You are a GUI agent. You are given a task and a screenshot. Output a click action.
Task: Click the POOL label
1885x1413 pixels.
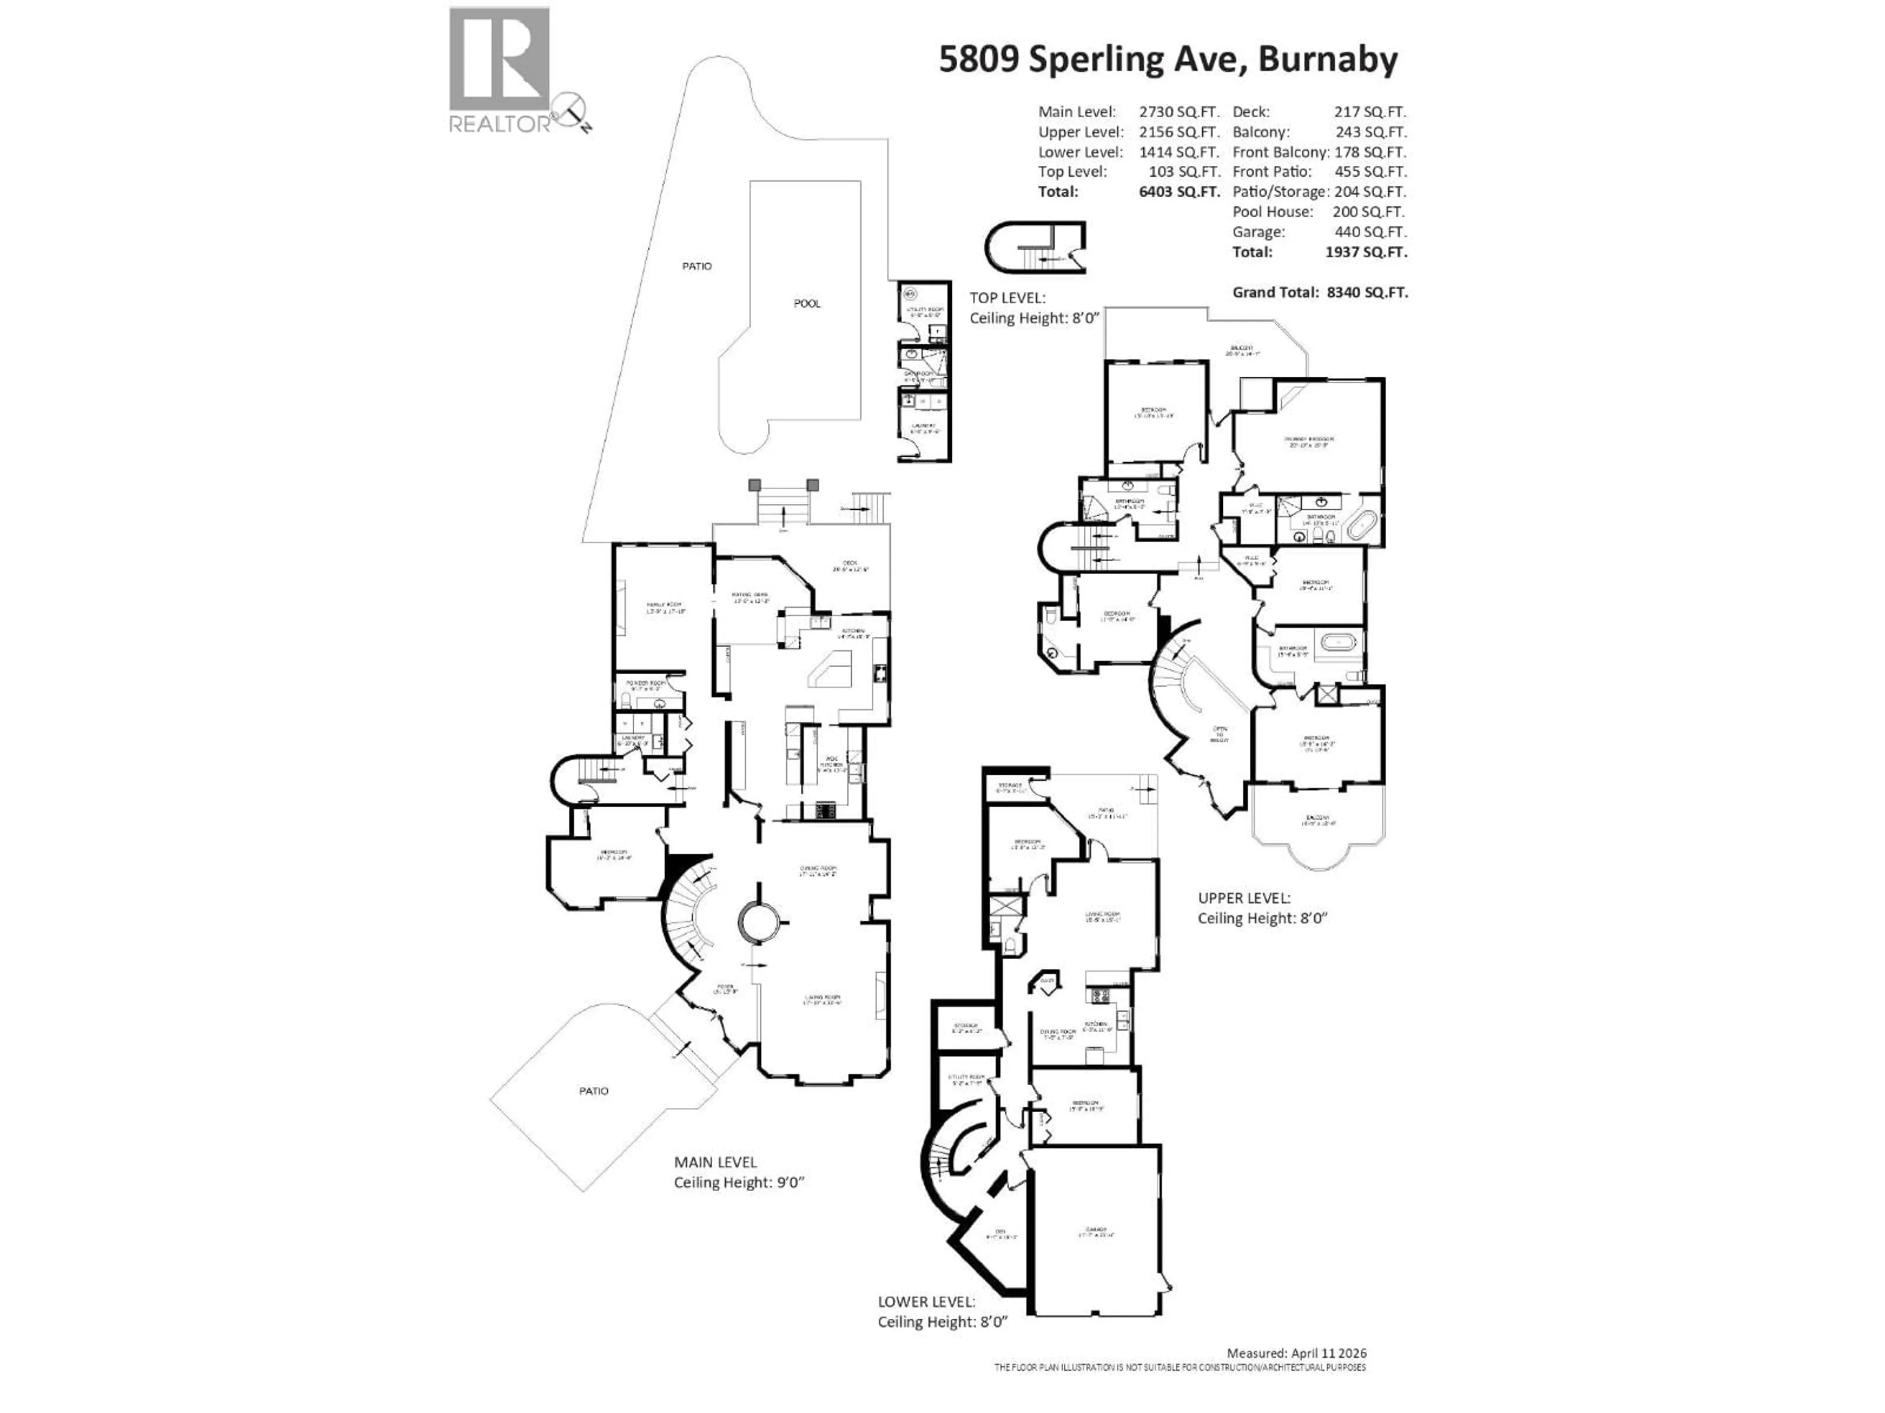point(807,303)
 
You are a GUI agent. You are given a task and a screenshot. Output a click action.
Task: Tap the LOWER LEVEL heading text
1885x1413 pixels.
point(926,1302)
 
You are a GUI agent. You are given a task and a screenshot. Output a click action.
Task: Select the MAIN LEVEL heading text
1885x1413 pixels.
point(715,1162)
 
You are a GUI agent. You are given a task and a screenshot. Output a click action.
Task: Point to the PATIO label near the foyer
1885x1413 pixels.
point(594,1091)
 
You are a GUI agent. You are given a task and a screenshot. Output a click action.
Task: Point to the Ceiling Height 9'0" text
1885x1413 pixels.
point(739,1182)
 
